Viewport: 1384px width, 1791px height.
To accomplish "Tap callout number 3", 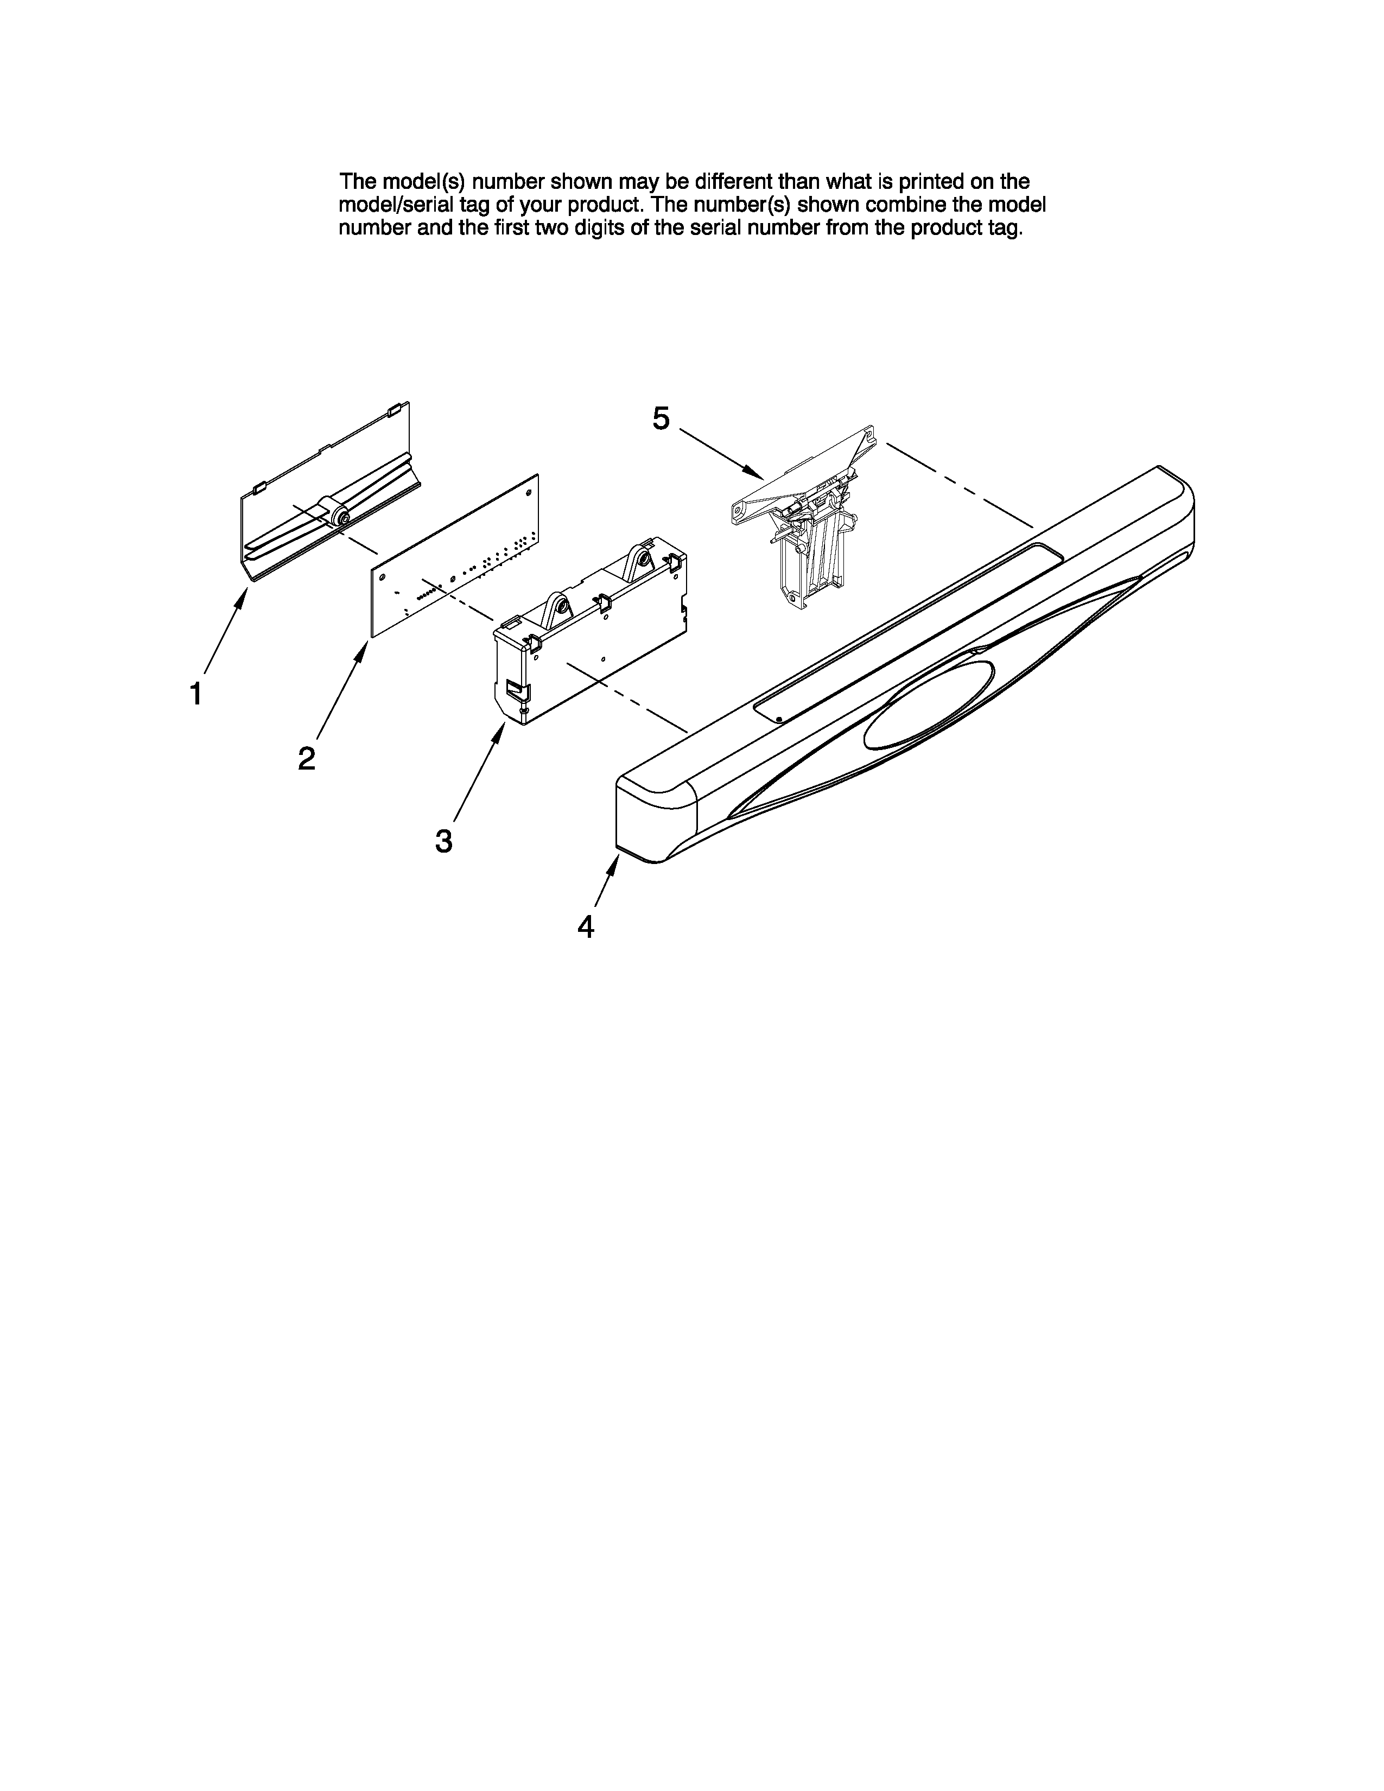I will point(443,841).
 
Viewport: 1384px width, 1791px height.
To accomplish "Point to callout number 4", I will point(586,926).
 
